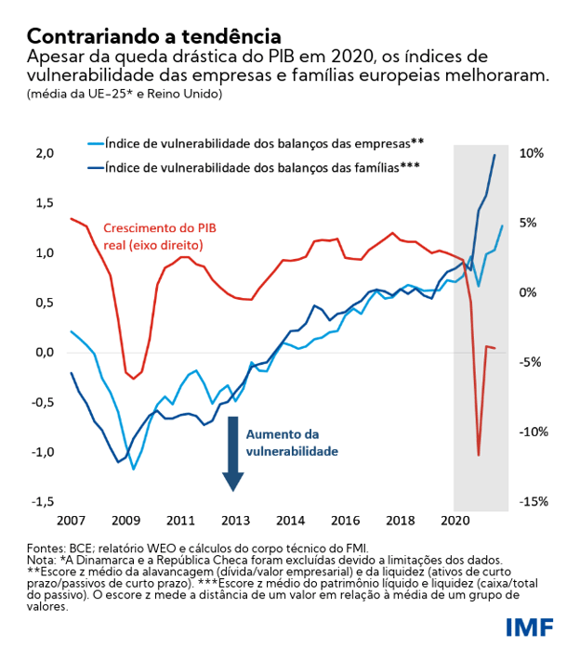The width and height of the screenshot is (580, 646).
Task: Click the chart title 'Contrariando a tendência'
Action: (153, 36)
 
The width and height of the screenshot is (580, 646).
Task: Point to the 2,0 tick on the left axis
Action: (45, 152)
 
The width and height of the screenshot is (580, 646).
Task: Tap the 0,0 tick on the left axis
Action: (45, 353)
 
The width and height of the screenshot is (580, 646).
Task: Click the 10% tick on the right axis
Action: (530, 153)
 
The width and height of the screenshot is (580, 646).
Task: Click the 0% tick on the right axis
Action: (530, 292)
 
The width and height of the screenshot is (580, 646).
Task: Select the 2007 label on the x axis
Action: (72, 521)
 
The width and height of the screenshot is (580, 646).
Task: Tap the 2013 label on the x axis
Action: (235, 521)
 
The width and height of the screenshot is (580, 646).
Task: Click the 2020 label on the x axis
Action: (455, 521)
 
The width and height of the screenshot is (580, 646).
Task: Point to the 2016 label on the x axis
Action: (346, 521)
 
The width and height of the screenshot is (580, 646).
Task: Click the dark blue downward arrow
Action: (233, 455)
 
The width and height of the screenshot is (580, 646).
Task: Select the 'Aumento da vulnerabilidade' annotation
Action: (290, 443)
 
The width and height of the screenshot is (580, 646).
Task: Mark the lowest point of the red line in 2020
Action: (479, 455)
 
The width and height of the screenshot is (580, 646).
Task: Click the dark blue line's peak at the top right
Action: (494, 155)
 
